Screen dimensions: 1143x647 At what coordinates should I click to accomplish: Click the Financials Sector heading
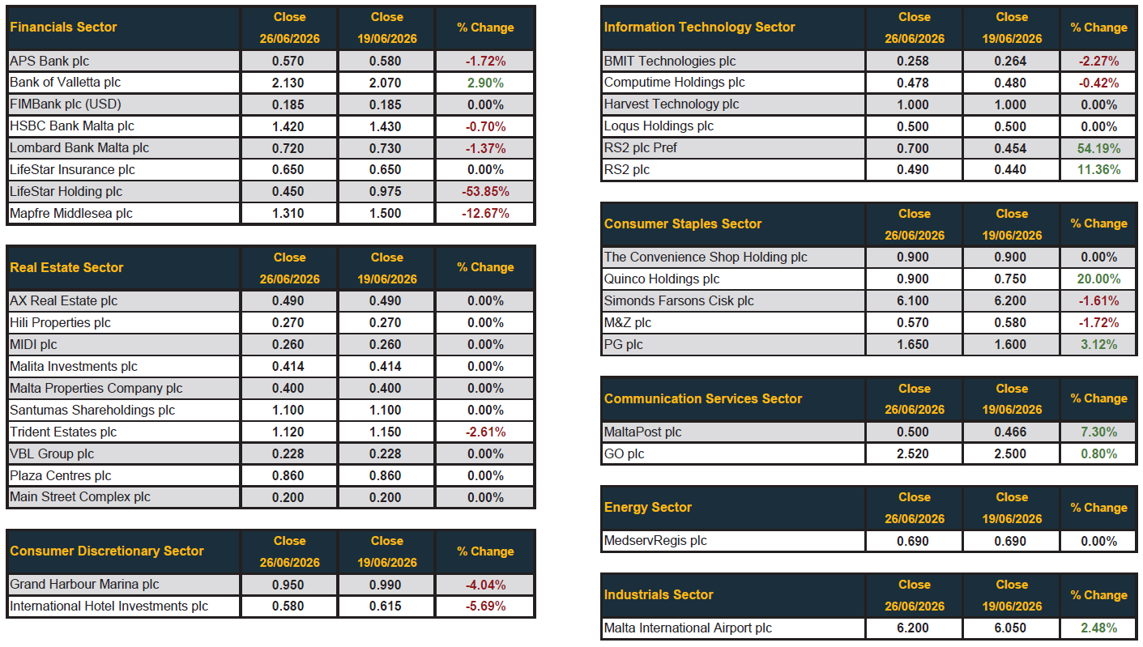63,27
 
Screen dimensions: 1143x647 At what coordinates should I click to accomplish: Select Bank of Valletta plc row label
66,83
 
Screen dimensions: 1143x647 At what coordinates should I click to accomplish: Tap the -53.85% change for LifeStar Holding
485,192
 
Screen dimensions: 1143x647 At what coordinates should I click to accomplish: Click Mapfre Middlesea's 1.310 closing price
288,214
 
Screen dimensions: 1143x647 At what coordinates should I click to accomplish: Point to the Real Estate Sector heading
66,267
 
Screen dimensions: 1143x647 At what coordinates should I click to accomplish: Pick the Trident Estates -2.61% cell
485,432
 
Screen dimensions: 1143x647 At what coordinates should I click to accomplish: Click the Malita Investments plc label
74,366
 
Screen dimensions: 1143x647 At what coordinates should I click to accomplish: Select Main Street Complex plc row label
80,497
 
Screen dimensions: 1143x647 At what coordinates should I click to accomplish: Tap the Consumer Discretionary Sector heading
107,551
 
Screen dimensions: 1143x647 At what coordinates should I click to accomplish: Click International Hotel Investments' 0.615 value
386,607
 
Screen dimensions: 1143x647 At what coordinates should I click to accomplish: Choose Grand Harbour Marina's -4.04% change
485,585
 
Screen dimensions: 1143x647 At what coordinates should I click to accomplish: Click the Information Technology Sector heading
700,27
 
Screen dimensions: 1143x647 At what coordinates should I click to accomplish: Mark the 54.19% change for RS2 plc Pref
1098,148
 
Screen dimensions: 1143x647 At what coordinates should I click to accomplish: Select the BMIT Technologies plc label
670,62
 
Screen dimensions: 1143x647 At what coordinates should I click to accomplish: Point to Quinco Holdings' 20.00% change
1098,279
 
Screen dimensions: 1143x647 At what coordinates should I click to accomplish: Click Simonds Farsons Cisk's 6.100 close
913,301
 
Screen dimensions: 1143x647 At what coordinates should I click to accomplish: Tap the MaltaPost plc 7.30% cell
1098,432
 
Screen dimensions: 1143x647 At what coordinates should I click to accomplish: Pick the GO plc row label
624,454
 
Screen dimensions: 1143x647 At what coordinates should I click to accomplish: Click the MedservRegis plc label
655,541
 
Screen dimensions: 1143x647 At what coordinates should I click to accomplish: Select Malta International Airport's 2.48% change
1098,628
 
